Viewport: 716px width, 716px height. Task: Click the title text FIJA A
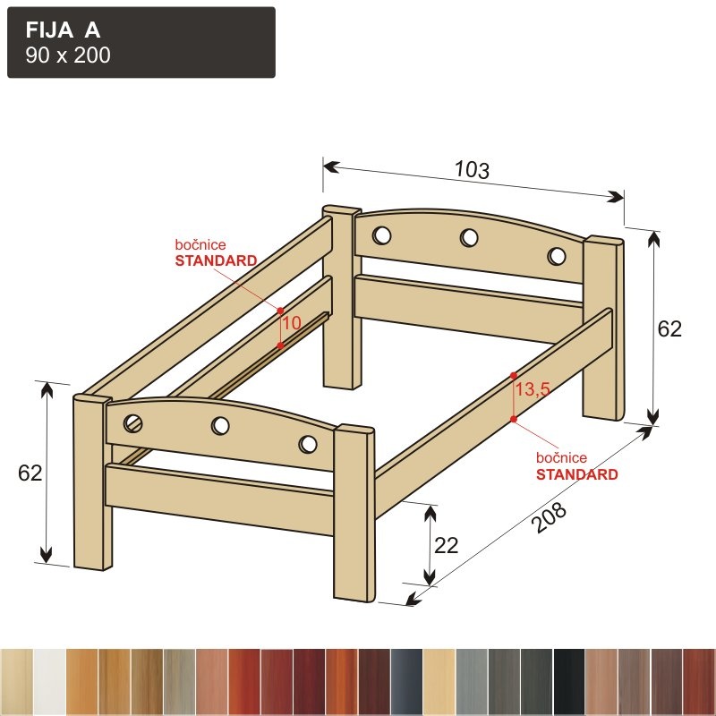point(63,30)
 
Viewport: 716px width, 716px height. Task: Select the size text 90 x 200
point(68,55)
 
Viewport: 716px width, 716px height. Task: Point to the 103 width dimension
point(473,170)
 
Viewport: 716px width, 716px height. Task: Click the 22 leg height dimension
point(446,545)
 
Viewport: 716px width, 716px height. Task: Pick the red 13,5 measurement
point(533,389)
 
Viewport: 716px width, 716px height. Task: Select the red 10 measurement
point(292,323)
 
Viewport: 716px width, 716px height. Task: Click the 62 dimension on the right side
point(669,328)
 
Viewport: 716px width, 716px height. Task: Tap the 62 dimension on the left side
point(30,473)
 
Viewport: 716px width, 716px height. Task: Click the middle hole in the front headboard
point(220,426)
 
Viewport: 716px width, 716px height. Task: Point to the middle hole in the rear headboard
point(469,237)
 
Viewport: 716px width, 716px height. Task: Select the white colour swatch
point(50,682)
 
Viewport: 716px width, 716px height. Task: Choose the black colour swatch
point(569,682)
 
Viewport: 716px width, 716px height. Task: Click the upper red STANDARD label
point(216,260)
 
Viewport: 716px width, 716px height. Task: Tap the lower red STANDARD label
point(576,474)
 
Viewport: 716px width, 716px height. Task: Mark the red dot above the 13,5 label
point(514,376)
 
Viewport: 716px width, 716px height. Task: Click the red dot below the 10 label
point(280,345)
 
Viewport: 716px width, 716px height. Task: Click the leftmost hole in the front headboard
point(132,423)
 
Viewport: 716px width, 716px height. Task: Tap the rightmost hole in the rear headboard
point(557,256)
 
